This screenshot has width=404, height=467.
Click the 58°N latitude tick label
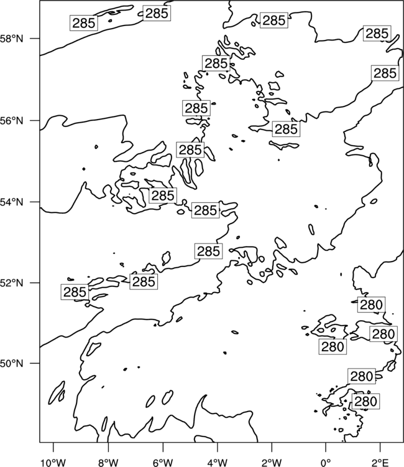point(12,39)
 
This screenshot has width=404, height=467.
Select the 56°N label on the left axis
point(12,121)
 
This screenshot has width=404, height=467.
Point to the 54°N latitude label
point(12,202)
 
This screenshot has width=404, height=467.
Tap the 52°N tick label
point(12,283)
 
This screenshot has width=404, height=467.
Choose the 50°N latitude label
point(12,364)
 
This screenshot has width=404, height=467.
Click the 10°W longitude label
point(53,463)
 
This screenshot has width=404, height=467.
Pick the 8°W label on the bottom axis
point(108,463)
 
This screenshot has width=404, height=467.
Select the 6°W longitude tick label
point(163,463)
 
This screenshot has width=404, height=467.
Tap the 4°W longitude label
point(218,463)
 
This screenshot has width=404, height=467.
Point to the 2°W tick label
point(272,463)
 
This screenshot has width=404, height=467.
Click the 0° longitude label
point(326,463)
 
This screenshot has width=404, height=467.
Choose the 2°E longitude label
point(380,463)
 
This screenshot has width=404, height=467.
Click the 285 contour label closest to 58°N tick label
point(84,23)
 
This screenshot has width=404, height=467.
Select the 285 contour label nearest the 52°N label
point(75,292)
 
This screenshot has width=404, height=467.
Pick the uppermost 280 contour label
point(371,304)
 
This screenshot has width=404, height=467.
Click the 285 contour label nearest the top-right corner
point(377,34)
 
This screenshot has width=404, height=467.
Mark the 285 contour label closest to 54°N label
point(163,196)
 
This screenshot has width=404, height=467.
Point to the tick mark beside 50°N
point(35,364)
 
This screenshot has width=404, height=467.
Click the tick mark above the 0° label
point(326,447)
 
